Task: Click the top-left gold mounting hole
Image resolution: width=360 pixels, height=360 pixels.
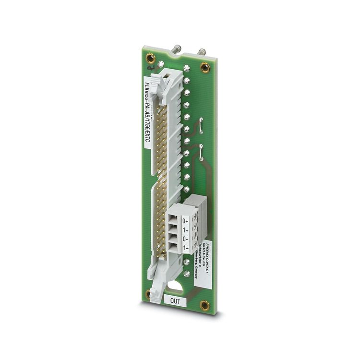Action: pos(150,58)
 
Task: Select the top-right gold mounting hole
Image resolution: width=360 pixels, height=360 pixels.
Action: pos(205,67)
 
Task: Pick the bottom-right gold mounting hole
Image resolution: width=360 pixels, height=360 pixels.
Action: pos(204,304)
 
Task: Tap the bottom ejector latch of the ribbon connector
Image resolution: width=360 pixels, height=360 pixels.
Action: pos(158,290)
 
